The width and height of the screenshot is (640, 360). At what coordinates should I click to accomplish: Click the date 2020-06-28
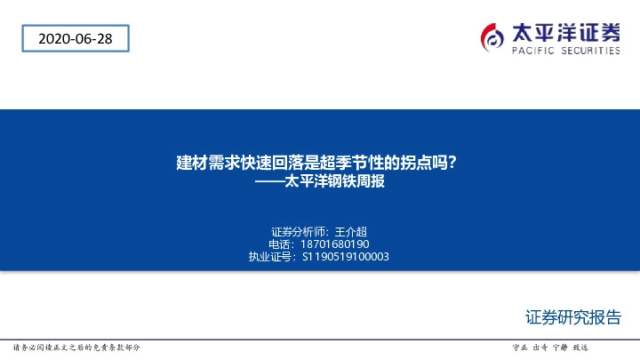click(75, 38)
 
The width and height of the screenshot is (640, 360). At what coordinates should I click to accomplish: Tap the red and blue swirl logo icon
click(493, 36)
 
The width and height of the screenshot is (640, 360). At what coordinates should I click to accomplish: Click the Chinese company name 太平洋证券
click(565, 32)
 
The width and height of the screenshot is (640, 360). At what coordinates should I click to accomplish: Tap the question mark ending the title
click(453, 164)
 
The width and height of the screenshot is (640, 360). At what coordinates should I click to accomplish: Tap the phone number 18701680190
click(336, 244)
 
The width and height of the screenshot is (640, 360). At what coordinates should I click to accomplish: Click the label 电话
click(279, 244)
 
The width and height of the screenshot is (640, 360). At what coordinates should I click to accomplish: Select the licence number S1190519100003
click(346, 257)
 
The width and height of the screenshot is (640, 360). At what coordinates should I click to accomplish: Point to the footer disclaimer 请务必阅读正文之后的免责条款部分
click(77, 347)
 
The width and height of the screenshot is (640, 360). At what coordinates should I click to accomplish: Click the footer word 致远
click(580, 347)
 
